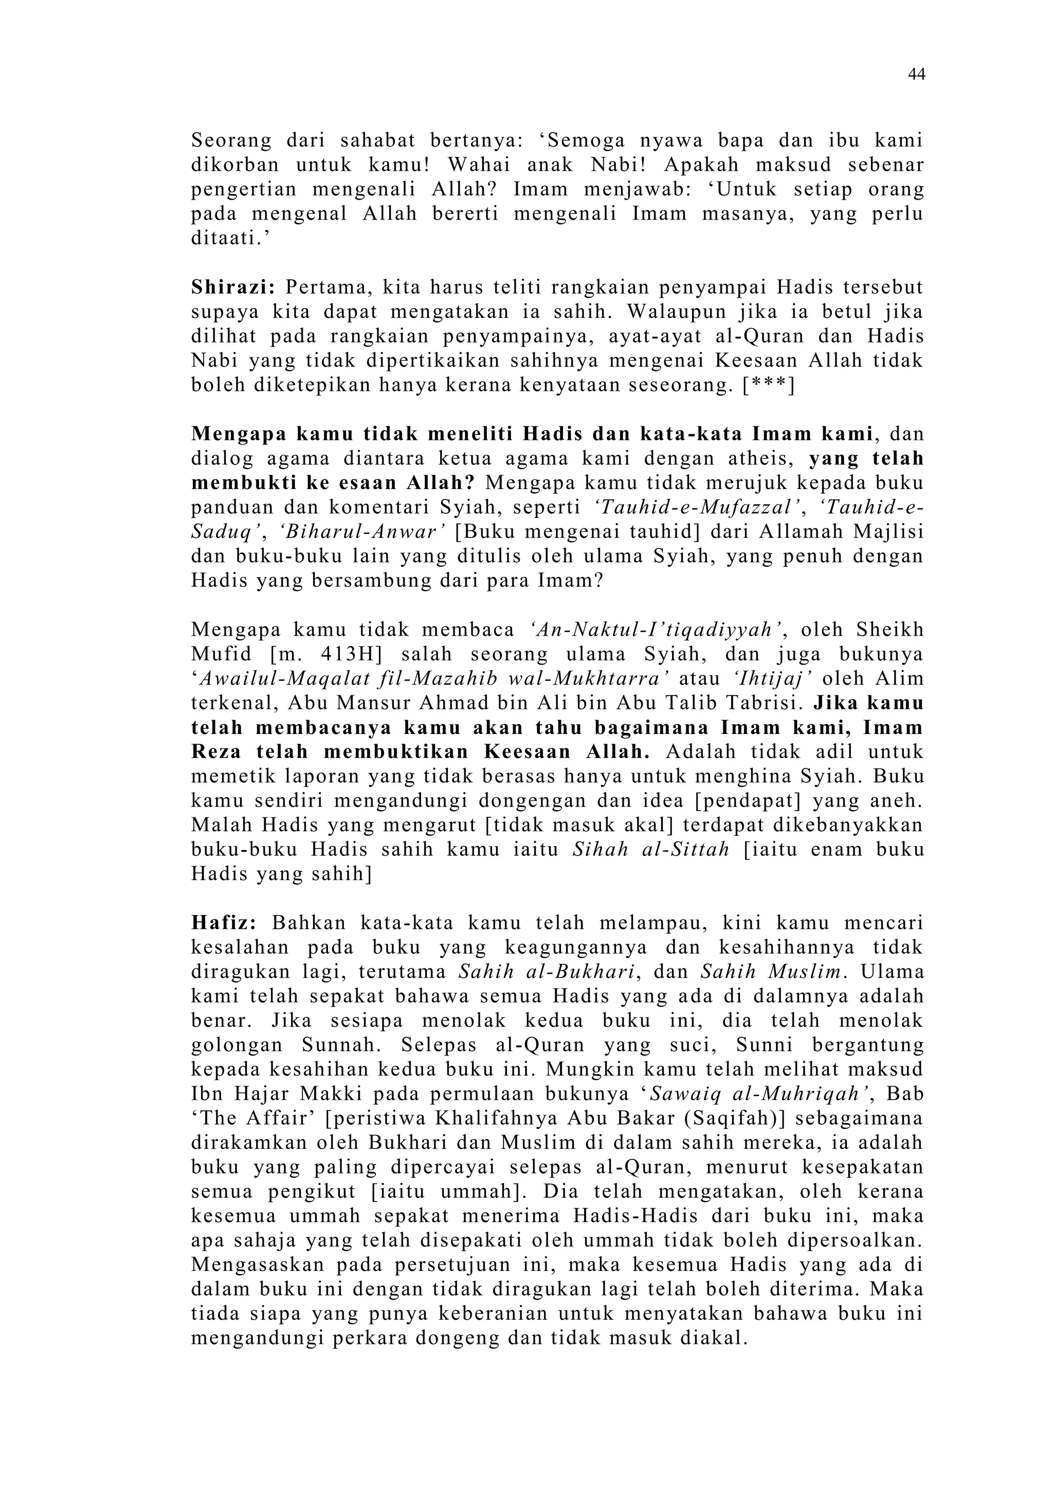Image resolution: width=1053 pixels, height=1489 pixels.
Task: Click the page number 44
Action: coord(916,75)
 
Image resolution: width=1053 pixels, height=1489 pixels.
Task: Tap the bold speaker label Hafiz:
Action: coord(224,923)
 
